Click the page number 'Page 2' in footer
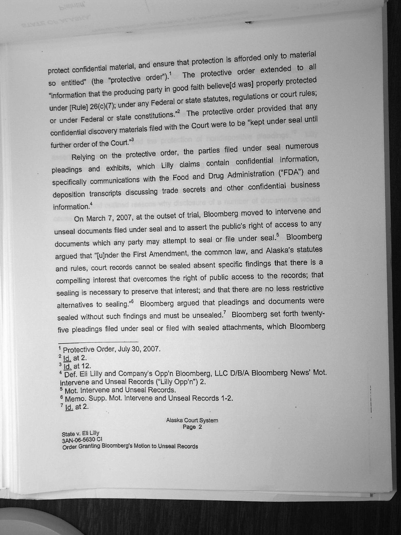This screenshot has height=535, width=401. click(192, 427)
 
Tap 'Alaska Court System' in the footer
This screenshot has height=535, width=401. click(192, 420)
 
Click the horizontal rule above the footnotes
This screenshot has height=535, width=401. click(98, 342)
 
